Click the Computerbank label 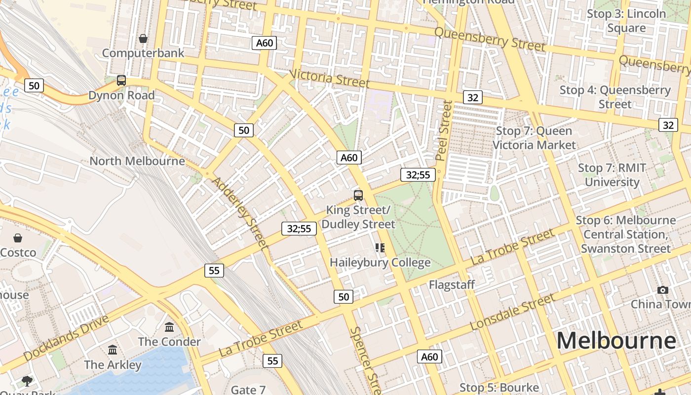(143, 53)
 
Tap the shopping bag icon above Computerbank (143, 39)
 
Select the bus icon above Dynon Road (121, 80)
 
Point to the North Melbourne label (137, 161)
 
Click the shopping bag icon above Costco (18, 238)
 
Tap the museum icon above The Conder (169, 327)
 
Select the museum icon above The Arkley (113, 350)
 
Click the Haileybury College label (380, 262)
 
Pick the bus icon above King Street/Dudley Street (358, 196)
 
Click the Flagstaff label (452, 284)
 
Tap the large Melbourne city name (616, 341)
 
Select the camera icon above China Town (662, 290)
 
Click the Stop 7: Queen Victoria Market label (534, 138)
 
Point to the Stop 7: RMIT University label (612, 175)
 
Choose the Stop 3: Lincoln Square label (626, 21)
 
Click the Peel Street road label (444, 130)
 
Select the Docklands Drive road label (66, 338)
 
